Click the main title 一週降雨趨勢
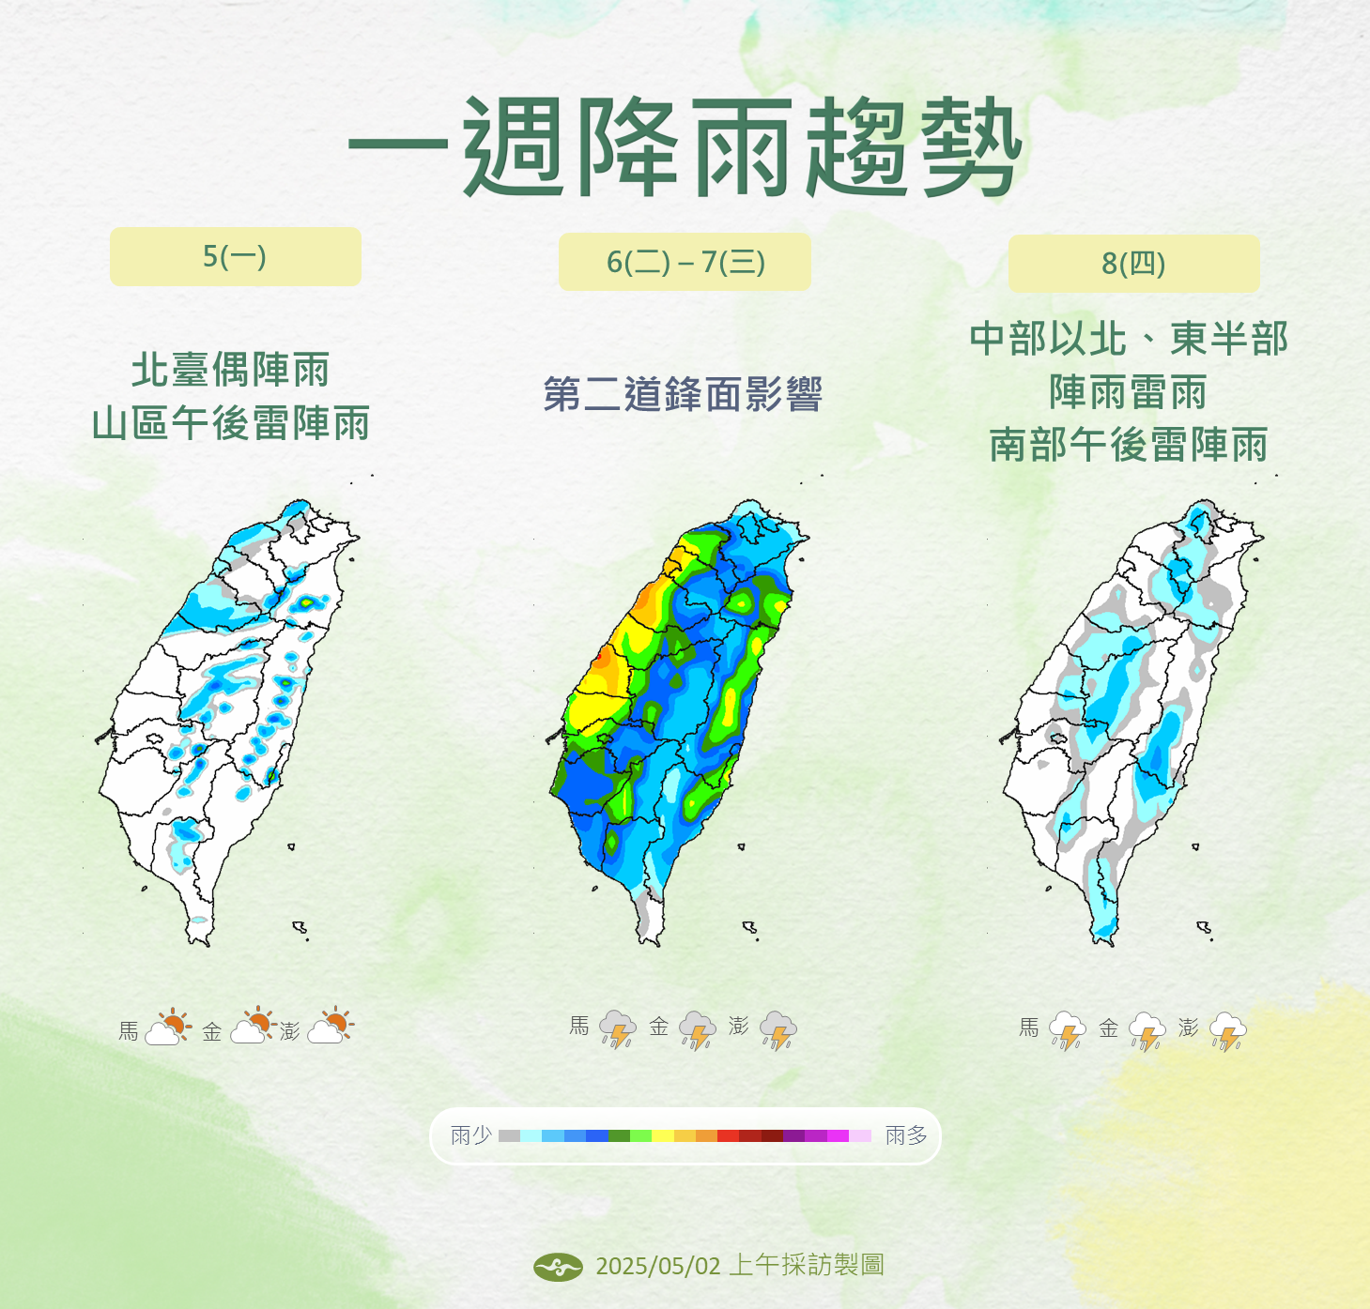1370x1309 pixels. click(685, 148)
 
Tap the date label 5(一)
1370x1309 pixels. click(235, 256)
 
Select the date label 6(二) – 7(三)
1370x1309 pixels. click(685, 262)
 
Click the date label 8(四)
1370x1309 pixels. click(1133, 264)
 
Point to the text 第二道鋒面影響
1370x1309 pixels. click(683, 394)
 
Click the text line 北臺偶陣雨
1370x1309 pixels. click(231, 370)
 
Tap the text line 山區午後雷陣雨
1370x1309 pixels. click(231, 423)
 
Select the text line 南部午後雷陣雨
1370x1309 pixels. click(1129, 445)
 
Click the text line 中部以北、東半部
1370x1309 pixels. click(1129, 339)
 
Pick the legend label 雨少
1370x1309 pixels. click(471, 1135)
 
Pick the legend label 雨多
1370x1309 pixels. click(906, 1135)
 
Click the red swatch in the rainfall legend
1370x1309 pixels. click(728, 1135)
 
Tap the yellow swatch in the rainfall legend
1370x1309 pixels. click(663, 1135)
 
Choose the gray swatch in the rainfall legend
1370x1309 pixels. click(509, 1135)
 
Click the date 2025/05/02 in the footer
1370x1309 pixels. click(657, 1266)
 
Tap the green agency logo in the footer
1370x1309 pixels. click(558, 1267)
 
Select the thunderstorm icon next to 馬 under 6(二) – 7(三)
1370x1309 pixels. click(617, 1029)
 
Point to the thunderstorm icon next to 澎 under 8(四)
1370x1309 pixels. click(1228, 1031)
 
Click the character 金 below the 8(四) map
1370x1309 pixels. click(1109, 1028)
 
